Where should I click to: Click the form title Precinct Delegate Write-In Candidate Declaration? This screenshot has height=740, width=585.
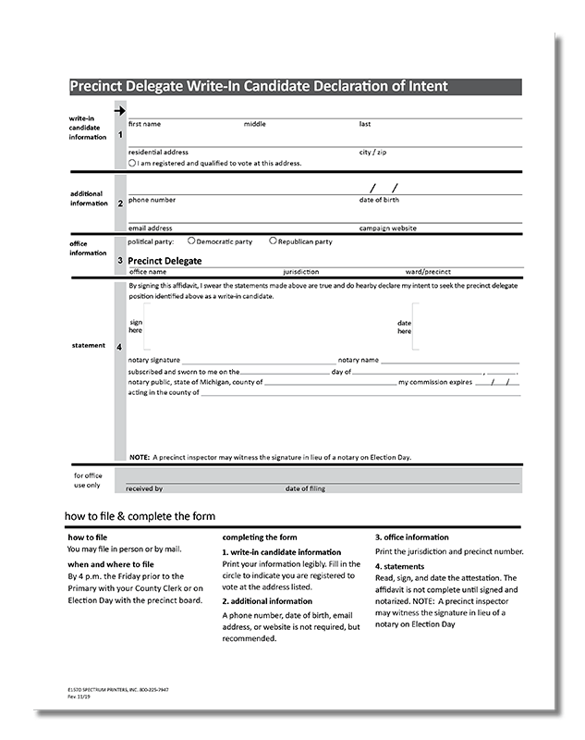tap(259, 86)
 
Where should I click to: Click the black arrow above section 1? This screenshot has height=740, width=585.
tap(119, 110)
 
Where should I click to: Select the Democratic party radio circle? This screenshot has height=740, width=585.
tap(190, 240)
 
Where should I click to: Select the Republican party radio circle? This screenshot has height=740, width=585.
tap(273, 240)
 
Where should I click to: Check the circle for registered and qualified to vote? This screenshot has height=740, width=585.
tap(132, 163)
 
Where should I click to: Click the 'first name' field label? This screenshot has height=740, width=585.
tap(144, 124)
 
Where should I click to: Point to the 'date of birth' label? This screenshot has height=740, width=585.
tap(379, 200)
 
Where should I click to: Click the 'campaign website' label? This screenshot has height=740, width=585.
tap(387, 228)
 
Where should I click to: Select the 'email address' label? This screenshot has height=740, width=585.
tap(150, 228)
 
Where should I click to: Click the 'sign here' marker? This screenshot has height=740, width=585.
tap(135, 326)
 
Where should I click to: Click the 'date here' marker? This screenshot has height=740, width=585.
tap(404, 327)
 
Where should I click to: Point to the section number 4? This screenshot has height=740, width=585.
tap(119, 347)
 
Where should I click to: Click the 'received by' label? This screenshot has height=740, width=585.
tap(144, 488)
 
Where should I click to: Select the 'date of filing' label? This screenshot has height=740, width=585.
tap(305, 488)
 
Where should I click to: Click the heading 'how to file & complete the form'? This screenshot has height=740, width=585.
tap(140, 515)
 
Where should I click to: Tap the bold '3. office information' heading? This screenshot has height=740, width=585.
tap(411, 536)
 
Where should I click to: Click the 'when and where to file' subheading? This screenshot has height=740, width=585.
tap(110, 563)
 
